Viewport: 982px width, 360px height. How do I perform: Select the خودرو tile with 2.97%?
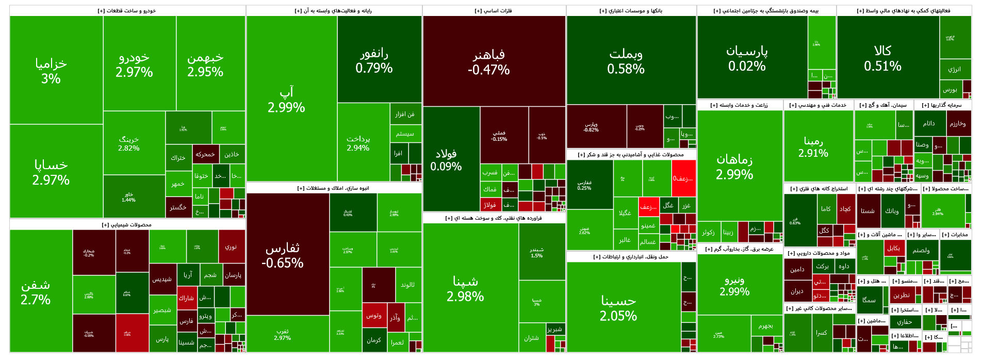(x=134, y=64)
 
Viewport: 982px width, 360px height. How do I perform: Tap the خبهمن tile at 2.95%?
(x=205, y=64)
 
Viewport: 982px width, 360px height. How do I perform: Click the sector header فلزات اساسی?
(x=494, y=11)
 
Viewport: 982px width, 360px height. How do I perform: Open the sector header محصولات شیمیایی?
(x=127, y=225)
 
